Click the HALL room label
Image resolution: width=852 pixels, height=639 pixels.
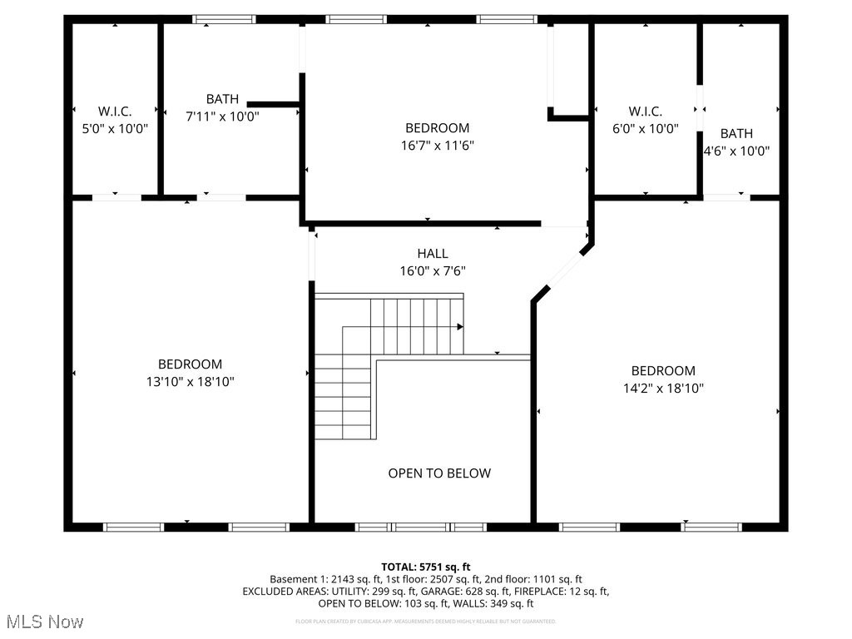(x=433, y=254)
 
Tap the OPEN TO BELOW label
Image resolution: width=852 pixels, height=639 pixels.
(x=439, y=473)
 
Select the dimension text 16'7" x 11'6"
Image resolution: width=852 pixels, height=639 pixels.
(x=438, y=146)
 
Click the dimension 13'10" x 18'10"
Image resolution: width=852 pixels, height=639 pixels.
(x=191, y=382)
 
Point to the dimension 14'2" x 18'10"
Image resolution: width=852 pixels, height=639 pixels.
(x=662, y=389)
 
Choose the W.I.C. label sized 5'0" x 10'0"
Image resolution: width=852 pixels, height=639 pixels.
(x=115, y=111)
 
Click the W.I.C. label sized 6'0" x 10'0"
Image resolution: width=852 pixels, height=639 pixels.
(x=645, y=111)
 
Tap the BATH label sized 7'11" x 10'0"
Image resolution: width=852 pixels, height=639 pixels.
(x=222, y=99)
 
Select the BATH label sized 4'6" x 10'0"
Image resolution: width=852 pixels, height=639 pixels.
(x=736, y=133)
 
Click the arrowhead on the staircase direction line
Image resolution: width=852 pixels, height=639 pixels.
(x=459, y=327)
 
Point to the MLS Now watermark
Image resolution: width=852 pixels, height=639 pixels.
(x=45, y=622)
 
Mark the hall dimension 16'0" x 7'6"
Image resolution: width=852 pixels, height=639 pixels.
(x=433, y=271)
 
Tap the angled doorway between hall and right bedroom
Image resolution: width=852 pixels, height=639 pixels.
(x=567, y=268)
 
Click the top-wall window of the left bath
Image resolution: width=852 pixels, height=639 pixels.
(x=224, y=19)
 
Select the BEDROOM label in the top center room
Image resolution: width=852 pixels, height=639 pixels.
(x=438, y=128)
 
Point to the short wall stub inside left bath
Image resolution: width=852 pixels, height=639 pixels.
(x=274, y=105)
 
